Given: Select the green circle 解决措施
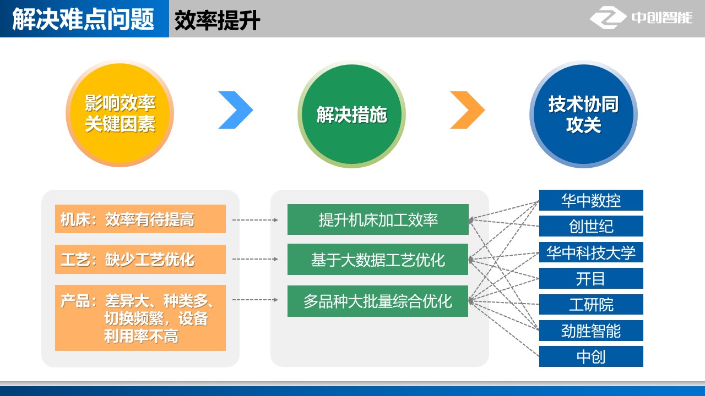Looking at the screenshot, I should point(351,114).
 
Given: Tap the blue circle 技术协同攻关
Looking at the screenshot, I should point(583,114).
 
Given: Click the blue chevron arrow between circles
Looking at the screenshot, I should point(235,110).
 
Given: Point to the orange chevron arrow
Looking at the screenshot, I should point(467,110).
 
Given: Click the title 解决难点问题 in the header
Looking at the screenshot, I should point(84,19).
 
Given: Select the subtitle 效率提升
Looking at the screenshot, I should point(217,20).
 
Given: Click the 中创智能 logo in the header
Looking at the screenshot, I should point(641,18).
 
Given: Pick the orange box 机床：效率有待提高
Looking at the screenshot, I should point(140,219).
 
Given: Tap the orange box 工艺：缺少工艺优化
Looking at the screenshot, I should point(140,259).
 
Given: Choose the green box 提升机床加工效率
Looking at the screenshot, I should point(378,219).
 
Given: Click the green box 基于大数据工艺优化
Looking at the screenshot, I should point(378,259).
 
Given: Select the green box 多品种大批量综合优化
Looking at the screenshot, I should point(378,301).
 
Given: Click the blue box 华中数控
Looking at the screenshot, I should point(591,200).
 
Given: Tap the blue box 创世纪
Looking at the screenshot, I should point(591,226).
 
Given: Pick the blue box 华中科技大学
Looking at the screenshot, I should point(591,252).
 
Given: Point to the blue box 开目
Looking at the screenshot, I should point(591,278).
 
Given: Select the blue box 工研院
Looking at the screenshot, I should point(591,304).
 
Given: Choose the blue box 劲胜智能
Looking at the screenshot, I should point(591,331).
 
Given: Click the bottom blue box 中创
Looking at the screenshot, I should point(591,356).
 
